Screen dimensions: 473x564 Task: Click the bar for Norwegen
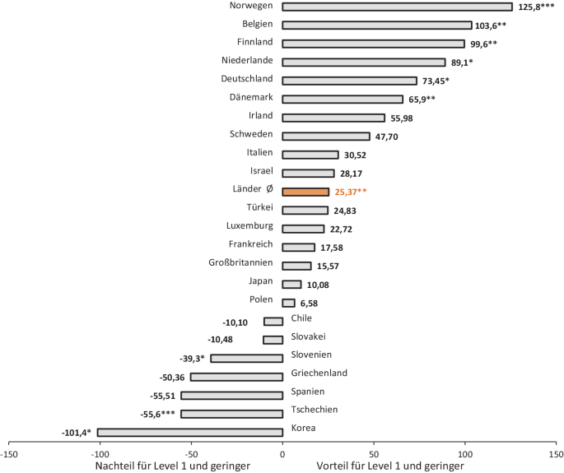[397, 7]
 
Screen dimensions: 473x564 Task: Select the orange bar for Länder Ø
[305, 192]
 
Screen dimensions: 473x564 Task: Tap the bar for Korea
[189, 433]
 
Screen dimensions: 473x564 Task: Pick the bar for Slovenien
[246, 359]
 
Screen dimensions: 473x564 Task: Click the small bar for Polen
[288, 303]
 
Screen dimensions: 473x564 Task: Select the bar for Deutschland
[349, 81]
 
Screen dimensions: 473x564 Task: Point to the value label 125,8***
[537, 7]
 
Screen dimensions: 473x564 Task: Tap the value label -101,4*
[77, 433]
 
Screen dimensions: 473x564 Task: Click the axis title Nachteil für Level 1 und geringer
[174, 466]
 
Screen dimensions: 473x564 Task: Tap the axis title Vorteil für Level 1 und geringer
[389, 466]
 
